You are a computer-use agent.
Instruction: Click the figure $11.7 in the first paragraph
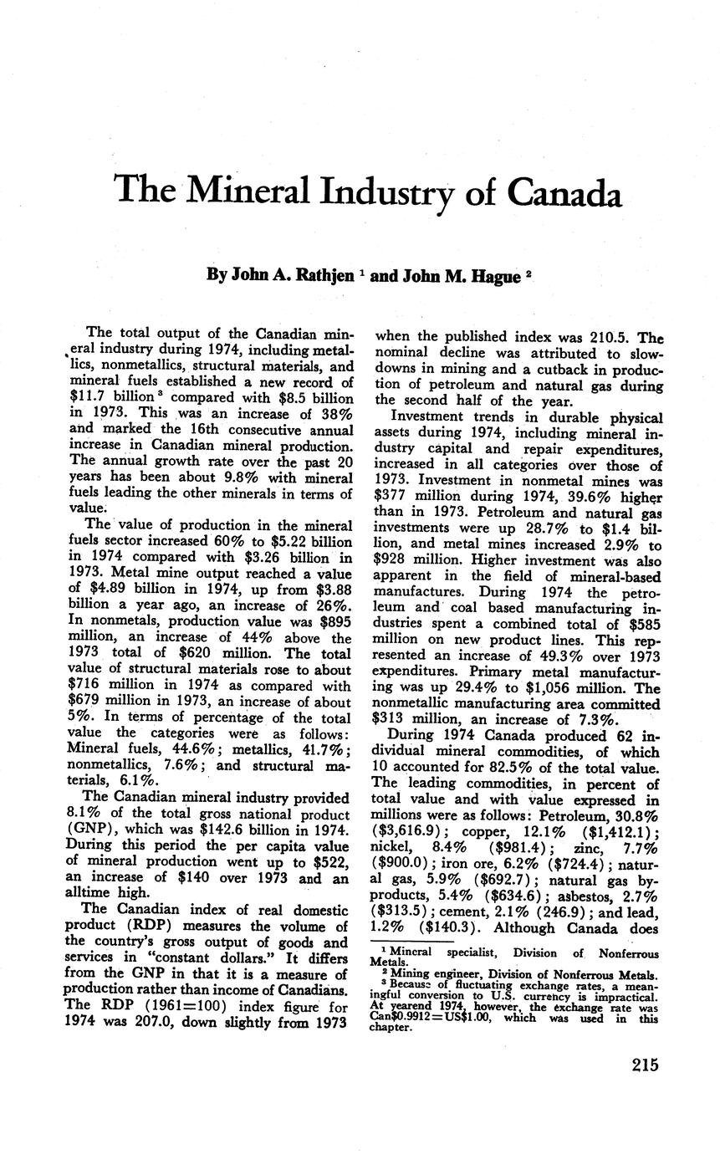click(86, 396)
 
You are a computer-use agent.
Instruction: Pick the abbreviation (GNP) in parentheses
click(90, 830)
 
